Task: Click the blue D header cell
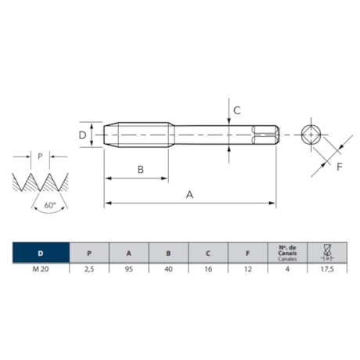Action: click(x=41, y=253)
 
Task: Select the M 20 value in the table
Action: click(x=41, y=269)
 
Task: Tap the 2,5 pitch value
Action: click(x=89, y=269)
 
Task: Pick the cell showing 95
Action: click(x=129, y=269)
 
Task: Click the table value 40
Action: click(x=168, y=269)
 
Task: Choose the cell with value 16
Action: click(x=208, y=269)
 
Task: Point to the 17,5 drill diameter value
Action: click(x=327, y=269)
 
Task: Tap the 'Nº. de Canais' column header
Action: click(x=287, y=253)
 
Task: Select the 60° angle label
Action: click(x=50, y=205)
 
